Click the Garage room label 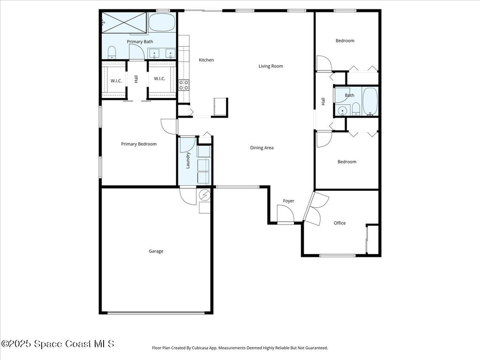156,251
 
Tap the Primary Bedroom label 139,144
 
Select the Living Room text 270,66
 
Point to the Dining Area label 262,148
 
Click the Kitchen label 206,60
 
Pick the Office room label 339,223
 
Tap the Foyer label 288,201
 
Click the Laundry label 188,160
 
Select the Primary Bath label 140,42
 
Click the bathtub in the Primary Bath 162,22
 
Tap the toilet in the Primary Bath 112,52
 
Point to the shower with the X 124,22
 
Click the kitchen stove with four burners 184,85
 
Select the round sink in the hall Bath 342,110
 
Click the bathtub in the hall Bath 370,101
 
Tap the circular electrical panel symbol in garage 205,195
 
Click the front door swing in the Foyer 285,213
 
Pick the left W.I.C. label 116,81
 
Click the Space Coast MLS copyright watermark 58,344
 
